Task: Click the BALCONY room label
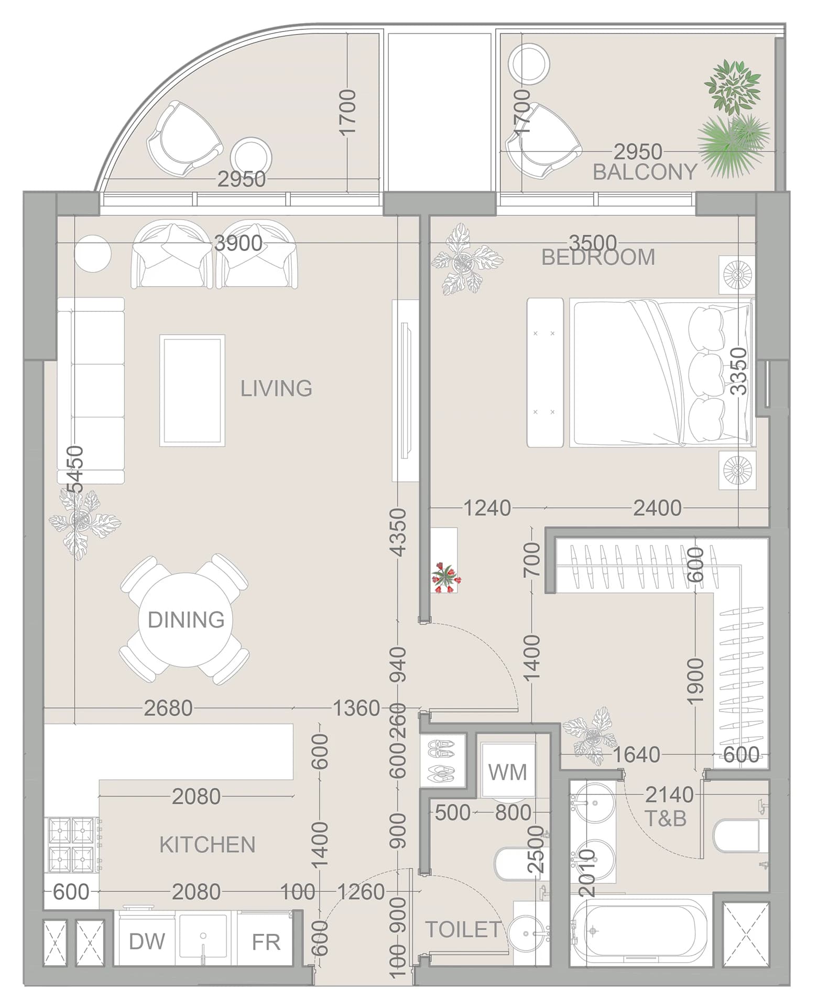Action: (645, 172)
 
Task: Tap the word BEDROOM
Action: (598, 257)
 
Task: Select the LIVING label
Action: (276, 388)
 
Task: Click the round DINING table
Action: (181, 619)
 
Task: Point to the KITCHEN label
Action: (208, 845)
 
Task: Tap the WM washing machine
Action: (508, 771)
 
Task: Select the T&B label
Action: (666, 818)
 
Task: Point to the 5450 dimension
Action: (76, 469)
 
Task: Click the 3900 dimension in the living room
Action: (239, 243)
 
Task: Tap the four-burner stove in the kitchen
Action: (72, 844)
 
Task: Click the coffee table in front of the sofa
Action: (192, 390)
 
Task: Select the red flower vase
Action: (445, 576)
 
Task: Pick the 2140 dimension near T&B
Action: (669, 795)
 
